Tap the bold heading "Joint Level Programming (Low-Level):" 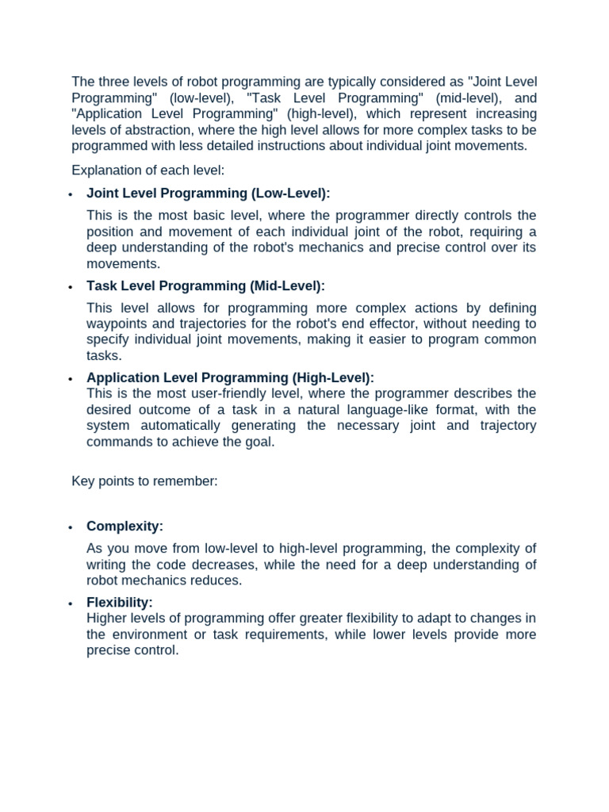(209, 193)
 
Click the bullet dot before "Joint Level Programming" (71, 194)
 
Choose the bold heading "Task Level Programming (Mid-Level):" (206, 285)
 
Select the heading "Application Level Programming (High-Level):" (230, 378)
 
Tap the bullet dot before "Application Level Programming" (71, 379)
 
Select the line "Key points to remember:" (144, 481)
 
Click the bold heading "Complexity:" (124, 527)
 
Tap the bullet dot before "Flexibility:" (71, 603)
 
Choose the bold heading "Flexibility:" (120, 603)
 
